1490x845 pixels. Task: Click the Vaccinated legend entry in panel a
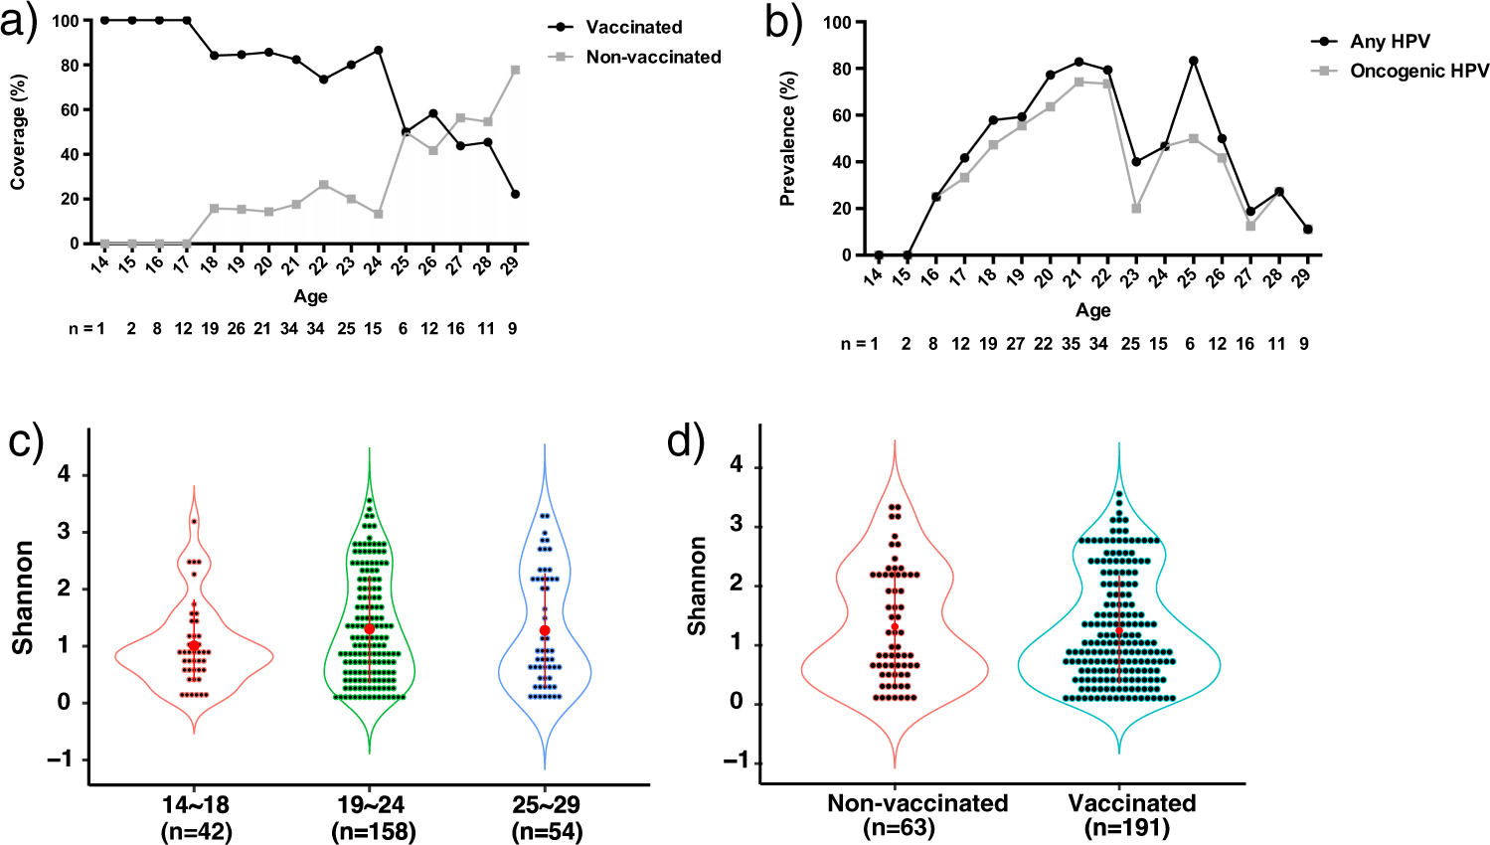point(633,27)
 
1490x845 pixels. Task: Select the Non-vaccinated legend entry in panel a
point(652,57)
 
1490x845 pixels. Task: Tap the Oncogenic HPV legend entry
point(1418,71)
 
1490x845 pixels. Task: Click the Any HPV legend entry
point(1389,42)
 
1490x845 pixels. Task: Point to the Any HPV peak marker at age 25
point(1193,61)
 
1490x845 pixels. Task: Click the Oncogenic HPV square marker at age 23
point(1136,209)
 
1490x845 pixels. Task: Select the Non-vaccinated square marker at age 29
point(515,70)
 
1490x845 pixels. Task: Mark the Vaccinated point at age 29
point(515,194)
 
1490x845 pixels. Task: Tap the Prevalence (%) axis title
point(788,139)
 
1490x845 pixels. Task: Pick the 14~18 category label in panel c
point(195,803)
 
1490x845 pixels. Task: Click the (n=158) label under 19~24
point(372,831)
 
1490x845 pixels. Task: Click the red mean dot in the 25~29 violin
point(545,630)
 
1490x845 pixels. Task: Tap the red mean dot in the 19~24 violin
point(370,628)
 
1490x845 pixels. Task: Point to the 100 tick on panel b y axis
point(837,22)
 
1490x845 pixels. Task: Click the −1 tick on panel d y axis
point(736,760)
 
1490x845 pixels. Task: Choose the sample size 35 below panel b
point(1070,344)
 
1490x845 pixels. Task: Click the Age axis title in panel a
point(310,296)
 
